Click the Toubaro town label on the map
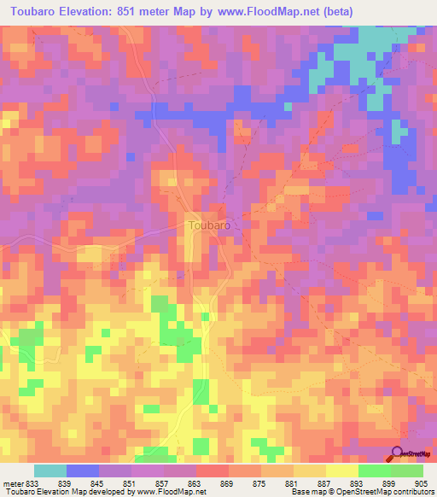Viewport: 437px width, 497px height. (x=207, y=225)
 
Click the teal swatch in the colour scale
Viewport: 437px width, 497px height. (x=50, y=471)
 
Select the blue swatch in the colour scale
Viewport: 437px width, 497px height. (x=82, y=471)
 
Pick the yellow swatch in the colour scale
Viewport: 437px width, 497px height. (x=341, y=471)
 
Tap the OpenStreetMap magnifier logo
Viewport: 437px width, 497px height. (x=399, y=453)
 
